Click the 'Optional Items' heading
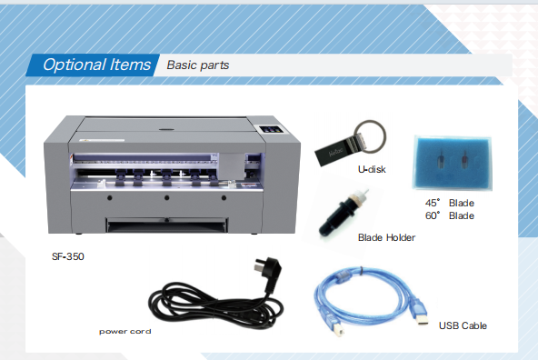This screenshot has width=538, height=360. [96, 65]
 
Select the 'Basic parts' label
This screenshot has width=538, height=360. [197, 65]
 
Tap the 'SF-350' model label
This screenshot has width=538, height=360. [67, 256]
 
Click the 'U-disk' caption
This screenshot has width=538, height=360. [372, 169]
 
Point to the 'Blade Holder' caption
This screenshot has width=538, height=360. [386, 237]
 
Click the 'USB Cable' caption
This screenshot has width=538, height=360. [463, 325]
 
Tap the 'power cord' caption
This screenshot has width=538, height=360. [125, 332]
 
